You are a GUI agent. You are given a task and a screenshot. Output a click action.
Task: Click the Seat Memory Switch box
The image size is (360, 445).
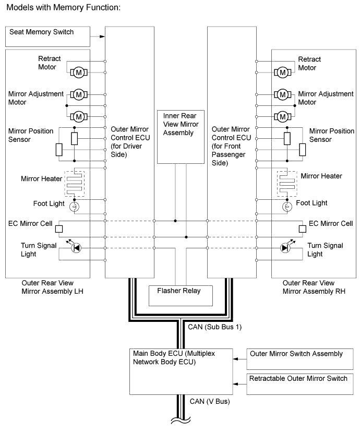pyautogui.click(x=47, y=36)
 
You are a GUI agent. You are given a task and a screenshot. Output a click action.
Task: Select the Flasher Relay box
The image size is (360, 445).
pyautogui.click(x=182, y=295)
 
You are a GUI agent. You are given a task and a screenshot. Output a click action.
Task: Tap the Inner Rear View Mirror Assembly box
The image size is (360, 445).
pyautogui.click(x=182, y=136)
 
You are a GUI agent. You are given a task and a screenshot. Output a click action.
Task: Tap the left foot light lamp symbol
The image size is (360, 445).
pyautogui.click(x=75, y=207)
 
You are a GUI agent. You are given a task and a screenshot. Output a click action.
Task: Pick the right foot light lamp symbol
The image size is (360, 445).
pyautogui.click(x=286, y=207)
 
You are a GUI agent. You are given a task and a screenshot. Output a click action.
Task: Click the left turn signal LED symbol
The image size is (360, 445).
pyautogui.click(x=75, y=248)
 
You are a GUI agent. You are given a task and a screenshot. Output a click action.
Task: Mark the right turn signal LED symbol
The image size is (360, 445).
pyautogui.click(x=285, y=248)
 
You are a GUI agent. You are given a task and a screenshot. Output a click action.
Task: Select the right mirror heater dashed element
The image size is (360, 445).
pyautogui.click(x=286, y=182)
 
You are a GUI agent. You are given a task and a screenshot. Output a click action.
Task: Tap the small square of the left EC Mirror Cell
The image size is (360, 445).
pyautogui.click(x=59, y=228)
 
